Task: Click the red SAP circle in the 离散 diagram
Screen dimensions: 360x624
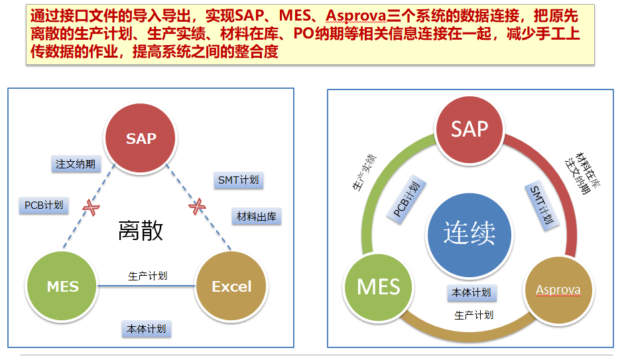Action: pos(141,138)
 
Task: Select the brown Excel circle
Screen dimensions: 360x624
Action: pos(231,286)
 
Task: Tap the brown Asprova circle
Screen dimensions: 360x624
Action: pos(558,290)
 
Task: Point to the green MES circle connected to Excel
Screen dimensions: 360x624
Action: pos(62,286)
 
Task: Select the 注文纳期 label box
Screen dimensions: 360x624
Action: pos(76,164)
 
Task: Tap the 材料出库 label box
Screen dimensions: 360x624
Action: pos(257,216)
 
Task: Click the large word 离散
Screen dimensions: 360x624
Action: pos(141,231)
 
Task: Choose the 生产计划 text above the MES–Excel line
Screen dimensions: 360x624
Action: pos(147,275)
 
